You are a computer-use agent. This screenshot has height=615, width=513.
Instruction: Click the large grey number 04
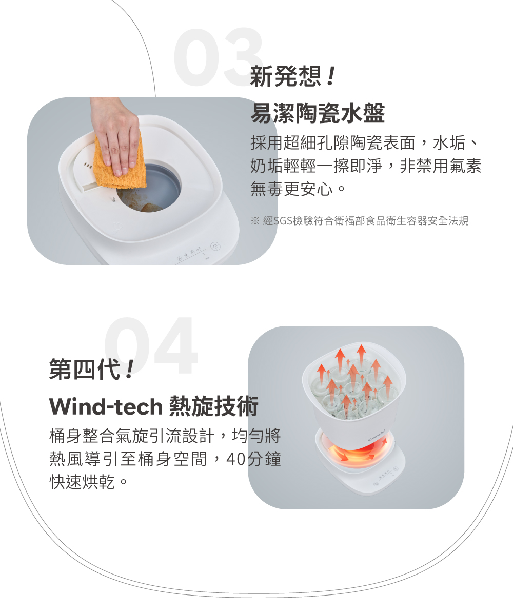point(151,347)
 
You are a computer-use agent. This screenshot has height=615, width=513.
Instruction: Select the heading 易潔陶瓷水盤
point(317,114)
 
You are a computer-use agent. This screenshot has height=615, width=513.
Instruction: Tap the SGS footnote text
point(359,221)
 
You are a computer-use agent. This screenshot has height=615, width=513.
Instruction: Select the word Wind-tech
point(106,407)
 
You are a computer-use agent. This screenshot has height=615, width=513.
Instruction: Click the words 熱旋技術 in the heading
point(213,407)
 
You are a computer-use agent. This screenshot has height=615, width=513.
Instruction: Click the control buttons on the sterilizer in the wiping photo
point(190,255)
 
